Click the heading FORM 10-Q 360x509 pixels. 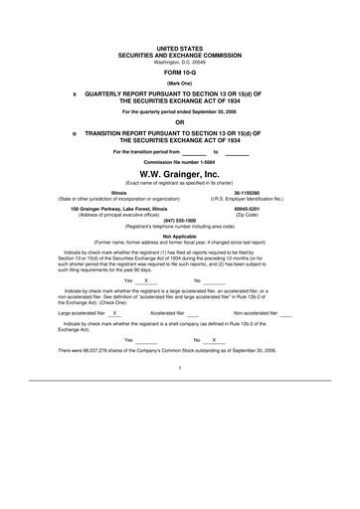[179, 73]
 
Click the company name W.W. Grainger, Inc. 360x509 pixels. [180, 174]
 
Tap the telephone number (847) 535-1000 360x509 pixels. [180, 222]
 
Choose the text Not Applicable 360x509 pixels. [180, 237]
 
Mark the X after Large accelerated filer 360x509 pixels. [115, 314]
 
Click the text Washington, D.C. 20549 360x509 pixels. [180, 62]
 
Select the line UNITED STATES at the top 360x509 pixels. [180, 48]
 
